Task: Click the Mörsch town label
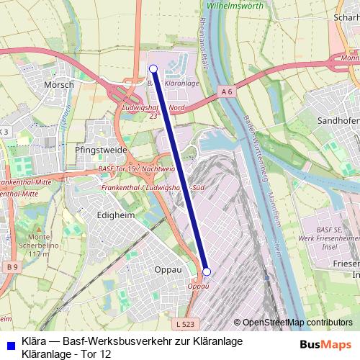click(59, 84)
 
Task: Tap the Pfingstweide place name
click(106, 150)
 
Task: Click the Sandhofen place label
click(338, 122)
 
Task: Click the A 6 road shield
click(228, 91)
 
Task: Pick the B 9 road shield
click(10, 268)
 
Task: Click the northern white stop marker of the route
click(153, 68)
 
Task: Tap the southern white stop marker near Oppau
click(207, 271)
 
